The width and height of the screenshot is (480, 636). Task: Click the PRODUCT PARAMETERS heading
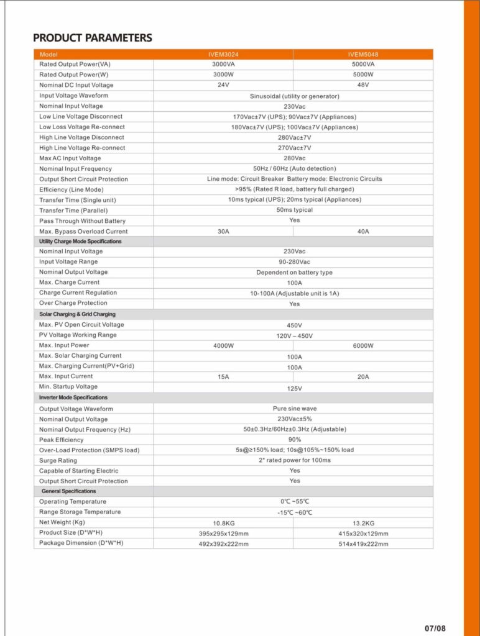tap(92, 38)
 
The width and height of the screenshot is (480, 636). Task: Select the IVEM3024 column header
tap(223, 54)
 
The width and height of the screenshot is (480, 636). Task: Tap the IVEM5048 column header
tap(364, 54)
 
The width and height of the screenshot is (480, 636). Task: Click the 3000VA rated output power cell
tap(223, 64)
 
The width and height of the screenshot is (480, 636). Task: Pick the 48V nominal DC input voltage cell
tap(364, 84)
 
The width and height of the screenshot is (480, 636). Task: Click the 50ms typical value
tap(295, 210)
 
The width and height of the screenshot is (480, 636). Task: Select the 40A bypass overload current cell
tap(364, 231)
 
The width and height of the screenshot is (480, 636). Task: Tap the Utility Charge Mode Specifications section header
tap(80, 241)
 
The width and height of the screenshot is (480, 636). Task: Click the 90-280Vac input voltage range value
tap(295, 262)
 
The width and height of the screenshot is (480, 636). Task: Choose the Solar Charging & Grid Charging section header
tap(77, 314)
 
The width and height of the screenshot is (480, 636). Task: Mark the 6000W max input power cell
tap(364, 345)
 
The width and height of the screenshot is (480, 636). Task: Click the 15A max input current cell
tap(223, 376)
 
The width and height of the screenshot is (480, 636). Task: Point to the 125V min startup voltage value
tap(295, 388)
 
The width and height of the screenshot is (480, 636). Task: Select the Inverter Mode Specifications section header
tap(73, 397)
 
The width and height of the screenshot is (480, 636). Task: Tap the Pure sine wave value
tap(295, 409)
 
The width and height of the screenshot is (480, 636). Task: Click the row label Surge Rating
tap(58, 460)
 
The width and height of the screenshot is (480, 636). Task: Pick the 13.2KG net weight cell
tap(364, 523)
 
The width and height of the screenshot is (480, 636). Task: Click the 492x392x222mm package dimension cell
tap(223, 544)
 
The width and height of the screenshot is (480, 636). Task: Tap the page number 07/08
tap(436, 627)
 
